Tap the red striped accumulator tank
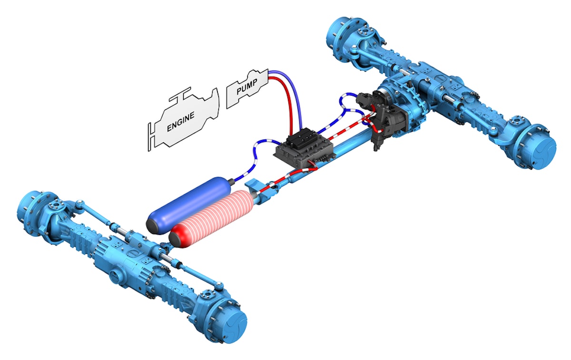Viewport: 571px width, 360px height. (x=214, y=216)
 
